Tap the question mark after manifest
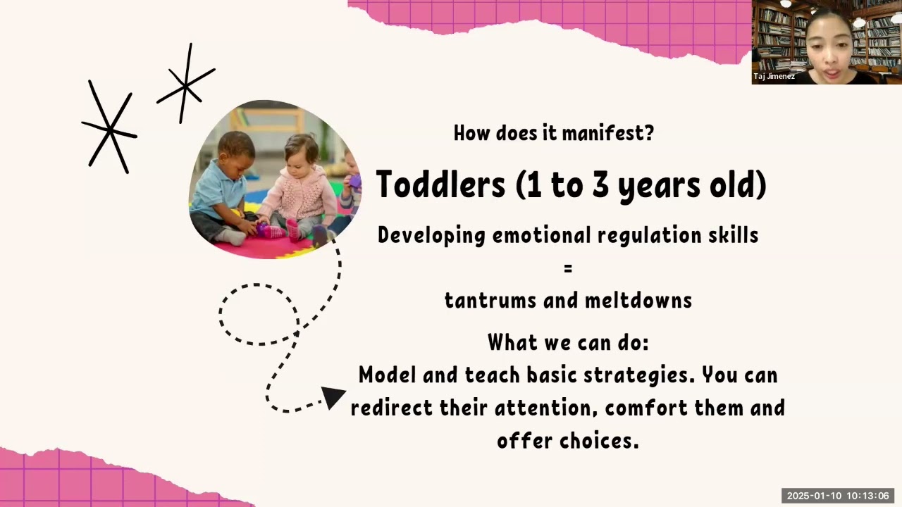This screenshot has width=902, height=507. tap(648, 132)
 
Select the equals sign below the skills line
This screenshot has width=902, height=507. tap(568, 268)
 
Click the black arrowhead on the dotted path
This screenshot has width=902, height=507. tap(333, 396)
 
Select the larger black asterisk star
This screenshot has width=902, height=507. tap(109, 128)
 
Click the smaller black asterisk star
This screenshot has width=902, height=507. tap(185, 84)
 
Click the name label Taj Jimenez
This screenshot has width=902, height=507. tap(774, 76)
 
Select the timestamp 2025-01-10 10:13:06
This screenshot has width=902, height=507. tap(838, 496)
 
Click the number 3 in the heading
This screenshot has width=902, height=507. tap(611, 184)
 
